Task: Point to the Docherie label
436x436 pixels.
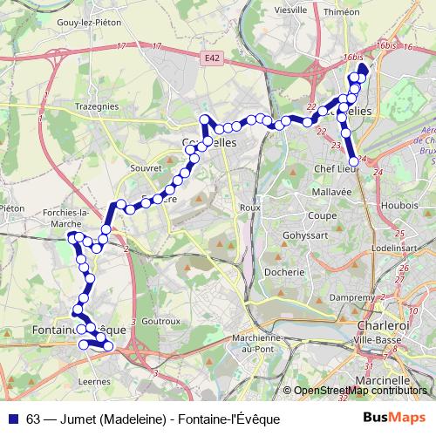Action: [285, 272]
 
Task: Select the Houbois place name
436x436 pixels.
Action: [399, 205]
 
